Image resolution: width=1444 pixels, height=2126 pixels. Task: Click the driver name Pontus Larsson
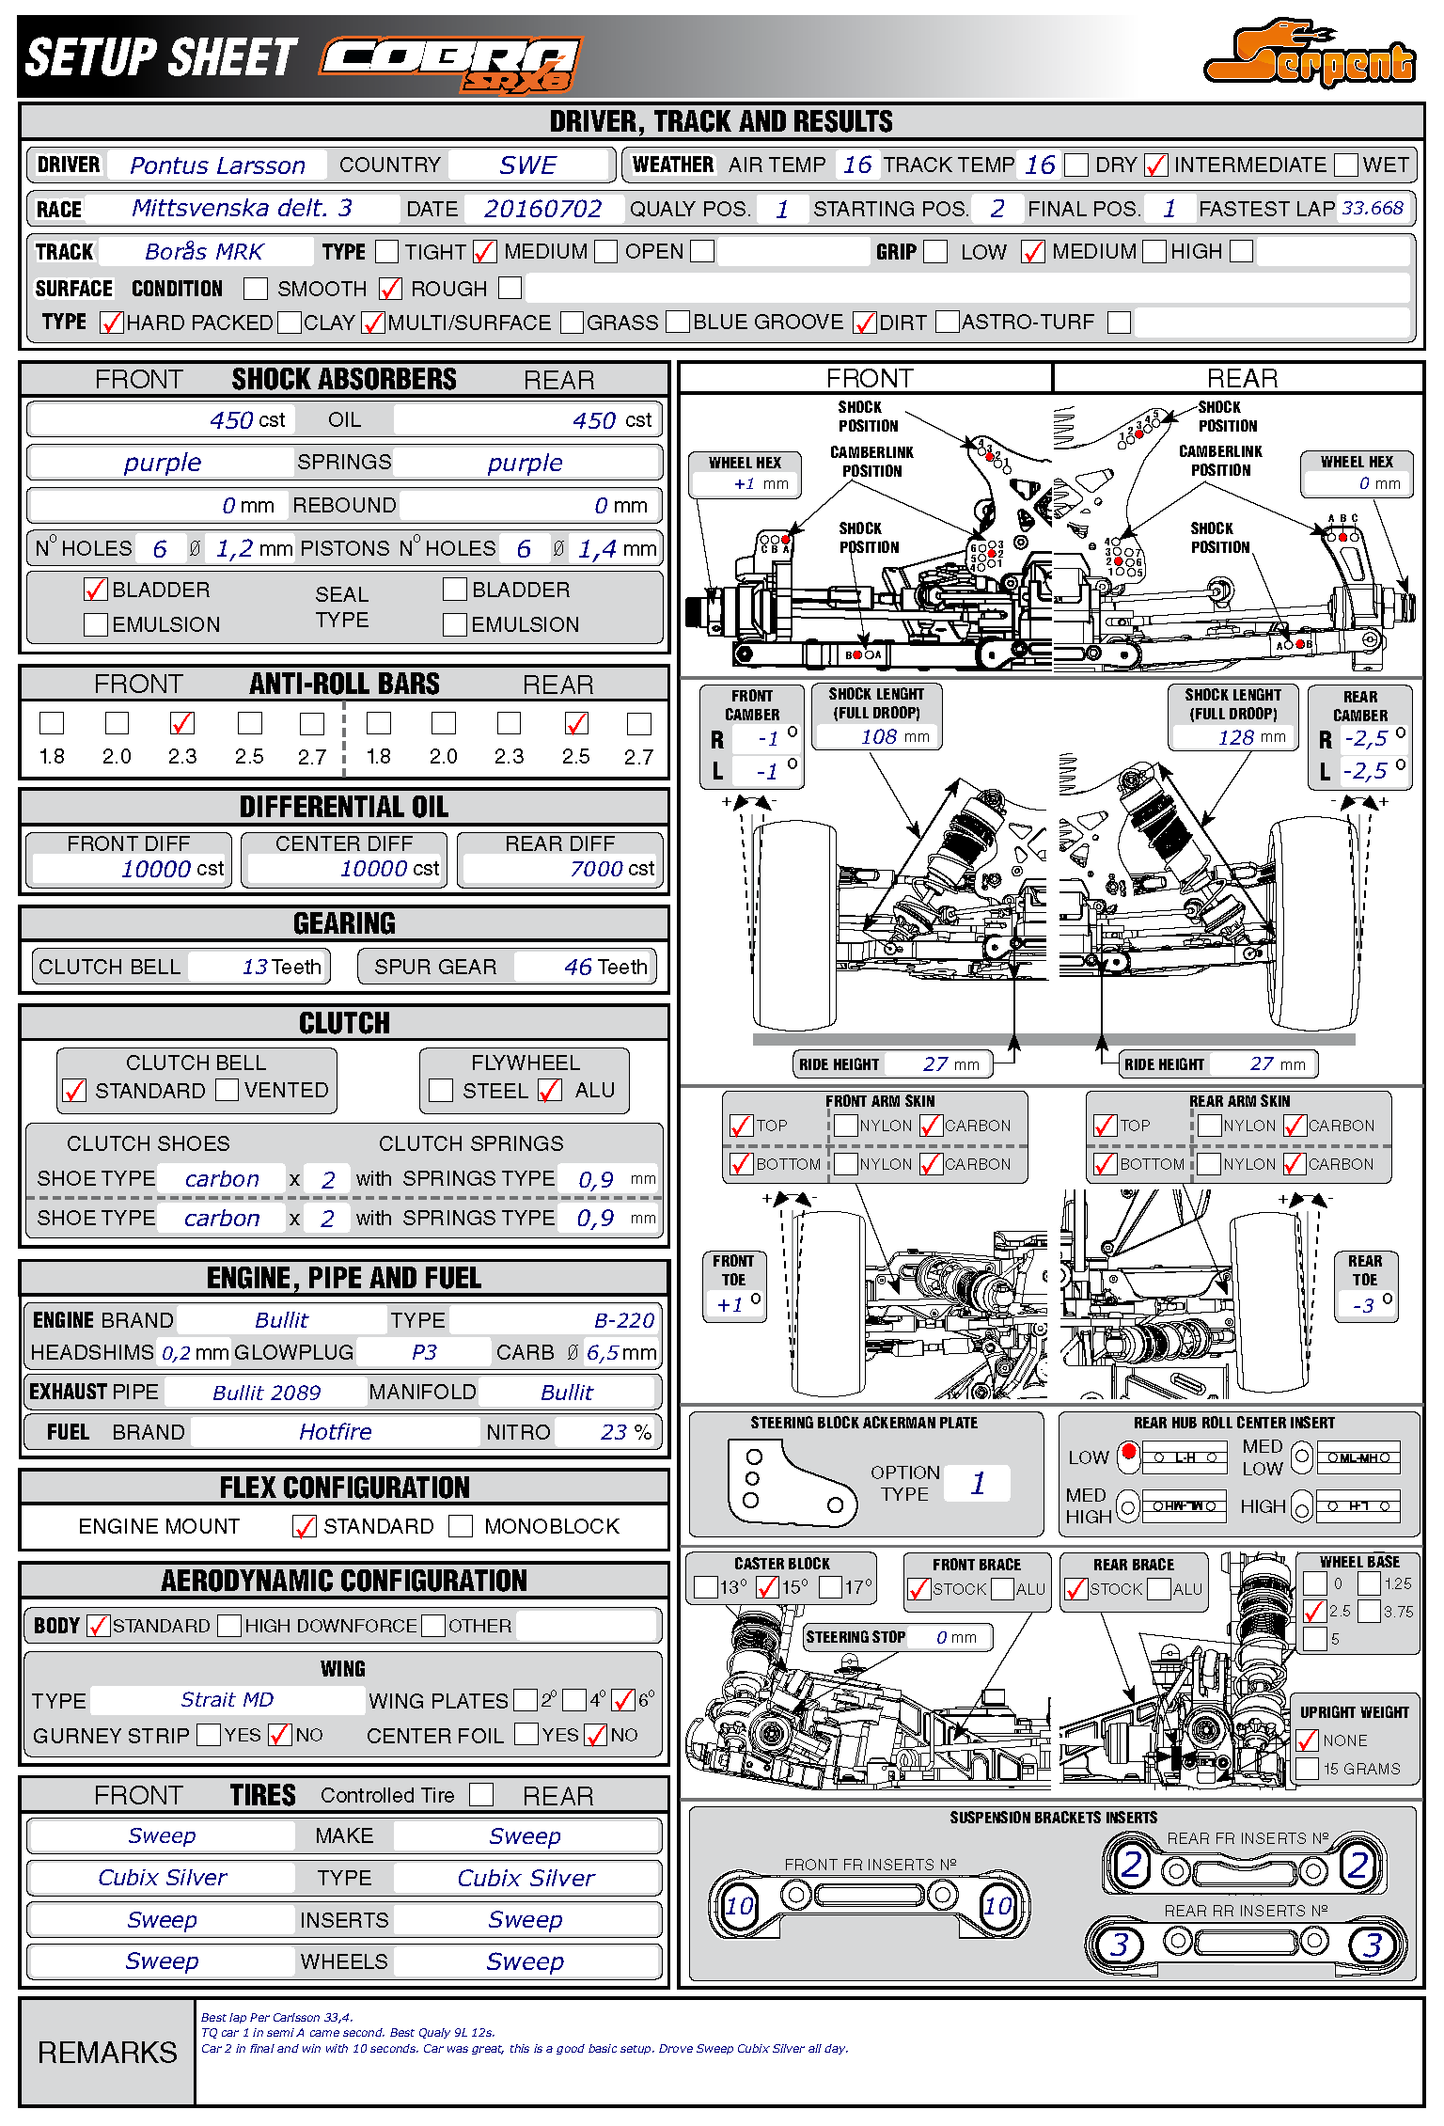217,165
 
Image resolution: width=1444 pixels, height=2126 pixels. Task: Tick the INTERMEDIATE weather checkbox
1155,165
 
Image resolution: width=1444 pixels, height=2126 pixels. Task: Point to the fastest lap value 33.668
1372,208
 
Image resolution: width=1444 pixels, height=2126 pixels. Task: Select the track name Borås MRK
204,252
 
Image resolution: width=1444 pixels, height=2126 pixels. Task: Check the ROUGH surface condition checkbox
390,289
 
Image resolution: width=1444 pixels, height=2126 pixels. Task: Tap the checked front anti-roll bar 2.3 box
182,723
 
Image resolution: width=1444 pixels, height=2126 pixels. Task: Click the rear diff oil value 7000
594,869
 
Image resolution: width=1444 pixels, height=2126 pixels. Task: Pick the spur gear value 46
577,967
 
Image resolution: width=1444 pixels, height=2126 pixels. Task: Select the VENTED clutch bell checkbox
227,1090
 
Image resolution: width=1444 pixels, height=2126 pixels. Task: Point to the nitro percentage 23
613,1432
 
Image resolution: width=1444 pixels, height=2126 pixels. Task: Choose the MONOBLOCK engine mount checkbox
461,1526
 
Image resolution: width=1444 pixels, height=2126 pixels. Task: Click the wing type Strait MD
227,1700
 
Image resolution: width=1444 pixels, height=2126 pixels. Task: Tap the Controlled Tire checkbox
481,1794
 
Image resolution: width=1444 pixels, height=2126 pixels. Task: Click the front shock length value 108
878,737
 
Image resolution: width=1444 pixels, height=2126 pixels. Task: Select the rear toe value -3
1362,1305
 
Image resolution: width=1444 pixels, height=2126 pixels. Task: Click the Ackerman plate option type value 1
978,1483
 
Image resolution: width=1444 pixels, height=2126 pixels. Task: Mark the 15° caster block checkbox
767,1588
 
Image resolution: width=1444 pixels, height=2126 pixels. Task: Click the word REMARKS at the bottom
107,2053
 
